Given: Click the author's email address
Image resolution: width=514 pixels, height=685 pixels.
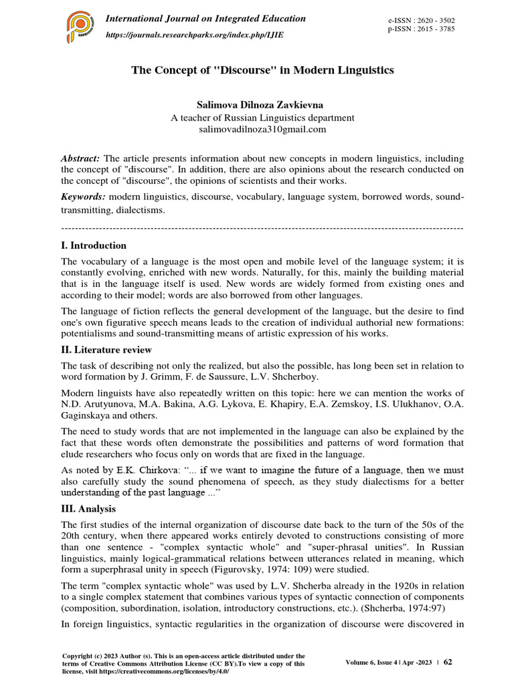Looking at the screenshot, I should click(x=258, y=129).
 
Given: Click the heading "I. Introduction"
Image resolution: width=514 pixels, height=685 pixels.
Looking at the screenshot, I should click(x=93, y=246).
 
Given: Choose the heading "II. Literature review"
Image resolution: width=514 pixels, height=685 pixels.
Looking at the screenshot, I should click(x=106, y=350).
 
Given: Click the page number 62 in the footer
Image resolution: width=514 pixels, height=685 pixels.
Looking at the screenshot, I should click(x=448, y=662).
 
